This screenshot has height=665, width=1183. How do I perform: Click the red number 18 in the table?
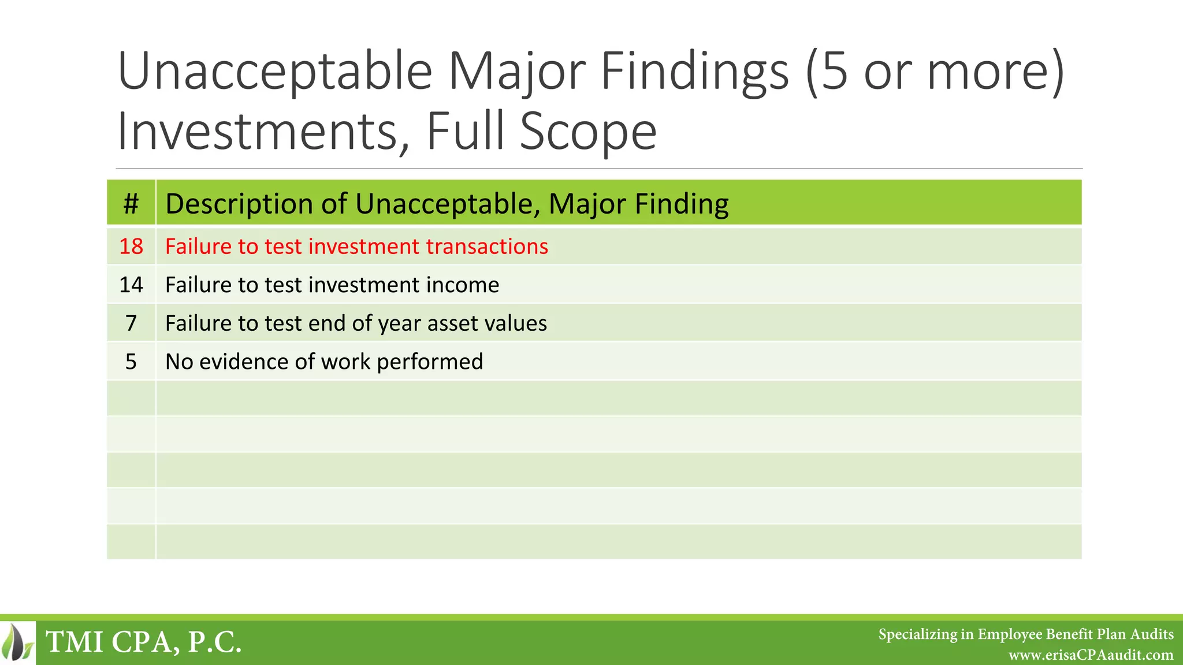[131, 246]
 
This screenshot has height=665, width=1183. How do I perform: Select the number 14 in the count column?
[131, 285]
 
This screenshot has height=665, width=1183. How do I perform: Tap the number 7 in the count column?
[131, 323]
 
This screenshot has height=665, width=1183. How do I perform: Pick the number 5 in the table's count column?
[131, 362]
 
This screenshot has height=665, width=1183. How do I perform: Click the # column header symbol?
[131, 204]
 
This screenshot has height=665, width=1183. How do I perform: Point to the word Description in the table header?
[254, 204]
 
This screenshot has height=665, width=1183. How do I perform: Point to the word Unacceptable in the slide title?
[275, 72]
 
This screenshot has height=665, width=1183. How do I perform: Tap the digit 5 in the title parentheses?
[834, 72]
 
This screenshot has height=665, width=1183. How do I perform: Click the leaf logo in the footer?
[18, 642]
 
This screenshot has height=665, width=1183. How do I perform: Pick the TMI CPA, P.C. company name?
[143, 642]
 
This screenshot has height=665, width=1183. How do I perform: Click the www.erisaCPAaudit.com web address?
[1091, 655]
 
